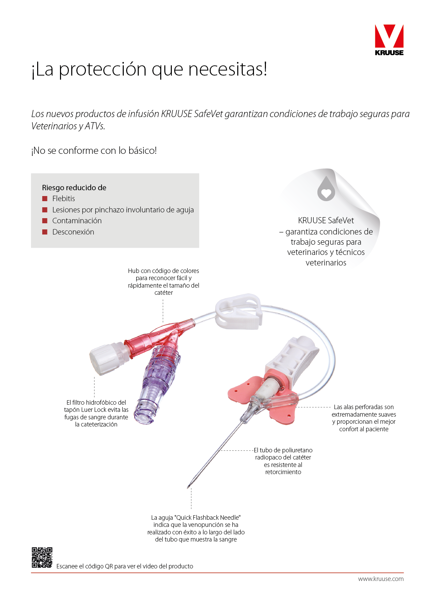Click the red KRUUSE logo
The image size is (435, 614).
pos(389,40)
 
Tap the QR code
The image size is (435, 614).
pos(42,557)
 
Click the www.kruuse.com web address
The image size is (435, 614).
pos(381,579)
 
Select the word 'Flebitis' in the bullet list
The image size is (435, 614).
pos(63,198)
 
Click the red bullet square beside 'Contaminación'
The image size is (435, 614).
pos(45,221)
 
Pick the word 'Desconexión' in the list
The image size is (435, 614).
pos(73,232)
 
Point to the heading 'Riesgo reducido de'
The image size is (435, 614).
pos(74,188)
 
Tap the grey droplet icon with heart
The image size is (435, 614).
pos(326,189)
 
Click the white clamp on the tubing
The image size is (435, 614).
pos(239,312)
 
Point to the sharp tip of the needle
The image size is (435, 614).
pos(188,488)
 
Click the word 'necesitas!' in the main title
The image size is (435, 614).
pos(228,69)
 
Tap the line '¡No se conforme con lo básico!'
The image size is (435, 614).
pos(94,150)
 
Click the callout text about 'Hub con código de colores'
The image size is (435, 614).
pos(164,282)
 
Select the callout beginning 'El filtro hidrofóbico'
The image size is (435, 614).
pos(96,414)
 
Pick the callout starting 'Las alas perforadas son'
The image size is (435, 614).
pos(364,418)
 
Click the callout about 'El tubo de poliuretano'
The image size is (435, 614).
pos(283,461)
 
